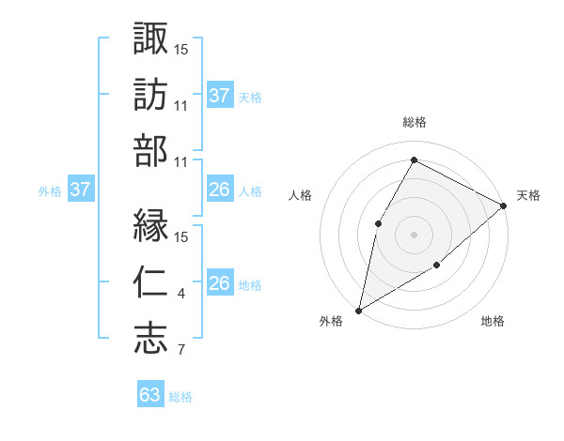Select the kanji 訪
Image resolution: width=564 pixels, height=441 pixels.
pos(151,95)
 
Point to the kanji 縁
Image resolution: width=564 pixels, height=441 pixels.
pos(151,225)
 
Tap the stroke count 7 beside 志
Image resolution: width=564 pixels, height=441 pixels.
pos(180,352)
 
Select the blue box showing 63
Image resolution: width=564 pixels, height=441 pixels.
pos(150,395)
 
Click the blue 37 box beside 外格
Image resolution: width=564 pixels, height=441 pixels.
pos(80,190)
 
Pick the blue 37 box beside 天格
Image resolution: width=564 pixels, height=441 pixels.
pos(220,96)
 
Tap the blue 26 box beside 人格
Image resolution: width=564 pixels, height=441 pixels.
pos(220,190)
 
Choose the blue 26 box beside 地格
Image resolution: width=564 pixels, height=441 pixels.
pos(220,283)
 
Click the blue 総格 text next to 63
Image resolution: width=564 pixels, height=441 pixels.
pos(180,397)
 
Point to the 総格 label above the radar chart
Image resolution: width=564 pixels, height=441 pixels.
pos(414,122)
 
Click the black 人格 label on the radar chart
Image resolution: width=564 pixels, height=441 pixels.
pos(300,195)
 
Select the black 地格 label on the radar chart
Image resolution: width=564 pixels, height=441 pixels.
pos(493,322)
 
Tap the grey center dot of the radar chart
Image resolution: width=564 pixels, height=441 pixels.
pos(414,234)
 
